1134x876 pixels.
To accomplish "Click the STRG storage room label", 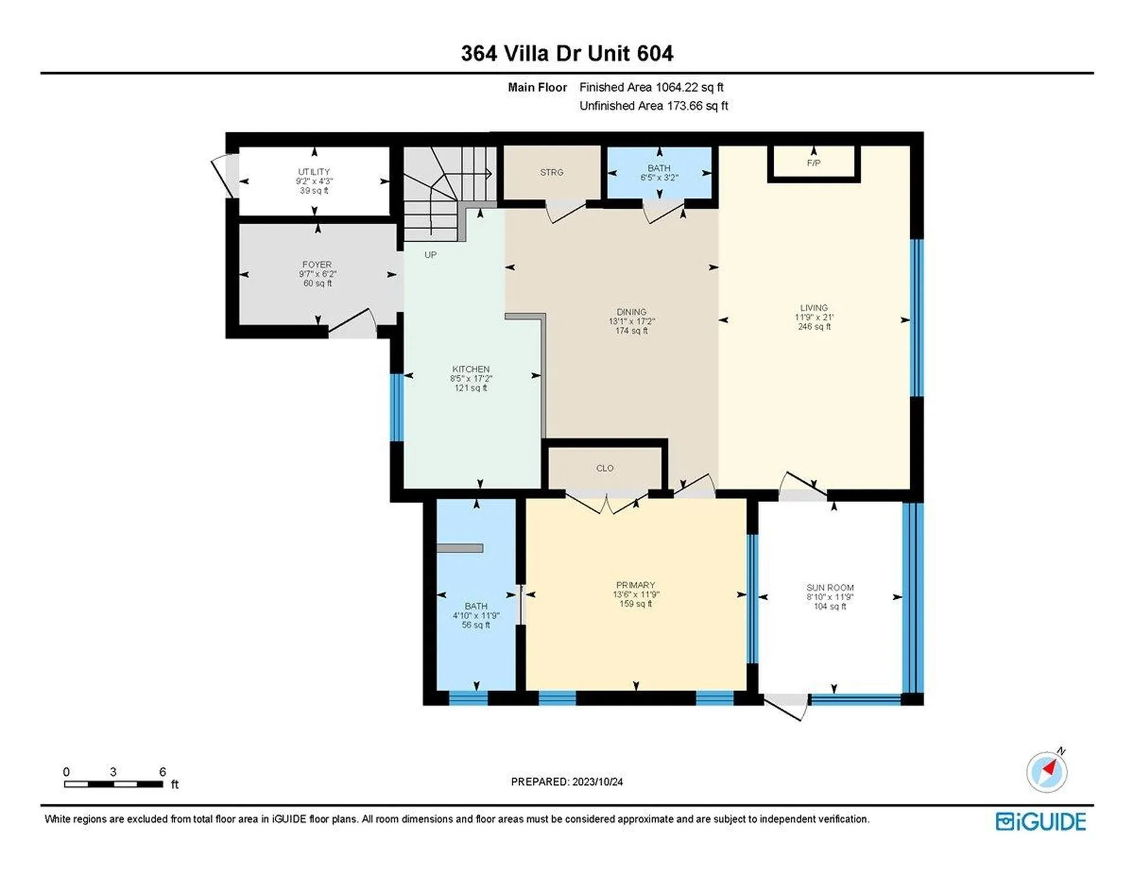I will (551, 172).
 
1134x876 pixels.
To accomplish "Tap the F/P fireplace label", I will (813, 163).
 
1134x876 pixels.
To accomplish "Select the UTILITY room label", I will (314, 172).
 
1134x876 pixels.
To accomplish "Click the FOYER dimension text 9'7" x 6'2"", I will (317, 274).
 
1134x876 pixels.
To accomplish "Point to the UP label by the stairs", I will (430, 255).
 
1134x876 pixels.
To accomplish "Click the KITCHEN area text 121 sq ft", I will (471, 388).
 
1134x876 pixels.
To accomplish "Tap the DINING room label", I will (631, 312).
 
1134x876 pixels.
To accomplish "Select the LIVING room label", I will (813, 308).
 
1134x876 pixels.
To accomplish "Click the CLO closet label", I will (604, 468).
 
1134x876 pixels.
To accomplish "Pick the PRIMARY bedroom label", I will (636, 585).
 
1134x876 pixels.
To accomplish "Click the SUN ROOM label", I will (830, 588).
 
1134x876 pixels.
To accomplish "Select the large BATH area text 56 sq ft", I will (475, 625).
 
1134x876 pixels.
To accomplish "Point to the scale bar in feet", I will (113, 784).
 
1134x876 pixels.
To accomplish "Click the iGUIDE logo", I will (1040, 822).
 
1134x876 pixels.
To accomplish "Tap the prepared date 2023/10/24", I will (597, 781).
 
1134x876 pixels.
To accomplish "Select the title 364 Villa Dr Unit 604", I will (566, 54).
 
